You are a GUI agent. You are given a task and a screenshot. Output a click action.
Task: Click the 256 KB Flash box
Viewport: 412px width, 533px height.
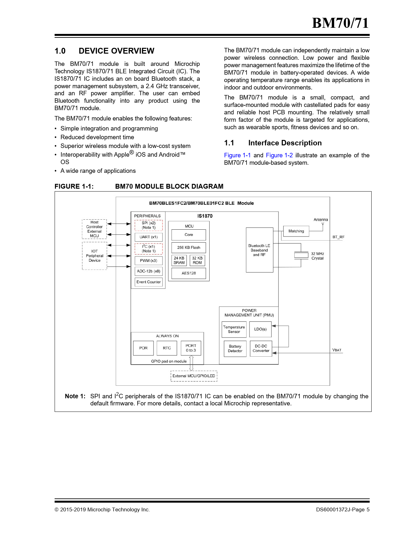tap(189, 248)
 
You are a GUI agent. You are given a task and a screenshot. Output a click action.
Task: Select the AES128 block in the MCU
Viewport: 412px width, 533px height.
tap(189, 273)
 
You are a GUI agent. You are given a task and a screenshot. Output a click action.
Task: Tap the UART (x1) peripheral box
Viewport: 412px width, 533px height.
tap(149, 237)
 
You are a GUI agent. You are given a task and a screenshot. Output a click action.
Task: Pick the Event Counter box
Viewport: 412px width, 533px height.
tap(149, 282)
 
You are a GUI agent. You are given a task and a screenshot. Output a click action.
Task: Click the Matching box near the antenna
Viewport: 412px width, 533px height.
tap(296, 231)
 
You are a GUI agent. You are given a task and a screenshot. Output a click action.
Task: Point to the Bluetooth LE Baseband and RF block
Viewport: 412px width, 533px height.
tap(259, 250)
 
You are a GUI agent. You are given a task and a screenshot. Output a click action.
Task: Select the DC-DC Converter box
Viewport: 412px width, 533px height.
tap(261, 349)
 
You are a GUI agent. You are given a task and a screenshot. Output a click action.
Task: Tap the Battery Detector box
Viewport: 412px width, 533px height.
tap(235, 349)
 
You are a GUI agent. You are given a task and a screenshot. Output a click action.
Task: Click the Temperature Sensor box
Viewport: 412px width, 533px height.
tap(234, 329)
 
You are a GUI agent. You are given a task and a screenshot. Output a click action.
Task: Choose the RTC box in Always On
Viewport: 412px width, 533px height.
tap(167, 348)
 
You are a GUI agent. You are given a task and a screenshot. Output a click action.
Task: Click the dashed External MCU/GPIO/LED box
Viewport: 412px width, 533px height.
tap(194, 376)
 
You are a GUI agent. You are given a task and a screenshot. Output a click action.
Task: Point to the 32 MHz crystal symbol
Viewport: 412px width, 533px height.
tap(301, 255)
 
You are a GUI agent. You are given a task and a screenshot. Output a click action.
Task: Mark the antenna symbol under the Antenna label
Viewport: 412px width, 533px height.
tap(322, 224)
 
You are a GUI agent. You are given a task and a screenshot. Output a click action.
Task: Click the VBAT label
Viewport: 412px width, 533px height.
tap(337, 350)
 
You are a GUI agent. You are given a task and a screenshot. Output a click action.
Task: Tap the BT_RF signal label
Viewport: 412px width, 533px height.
tap(338, 237)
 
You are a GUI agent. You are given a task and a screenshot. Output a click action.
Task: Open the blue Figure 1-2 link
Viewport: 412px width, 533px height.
tap(279, 155)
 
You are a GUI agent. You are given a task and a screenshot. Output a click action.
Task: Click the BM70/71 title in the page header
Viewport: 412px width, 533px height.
tap(340, 23)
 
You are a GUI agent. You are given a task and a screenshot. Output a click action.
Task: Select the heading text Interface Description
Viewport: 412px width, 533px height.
tap(285, 143)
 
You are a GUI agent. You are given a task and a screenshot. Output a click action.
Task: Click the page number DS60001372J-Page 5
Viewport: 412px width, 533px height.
tap(343, 510)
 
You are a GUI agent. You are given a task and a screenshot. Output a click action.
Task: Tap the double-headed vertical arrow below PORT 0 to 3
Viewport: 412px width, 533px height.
tap(191, 363)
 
